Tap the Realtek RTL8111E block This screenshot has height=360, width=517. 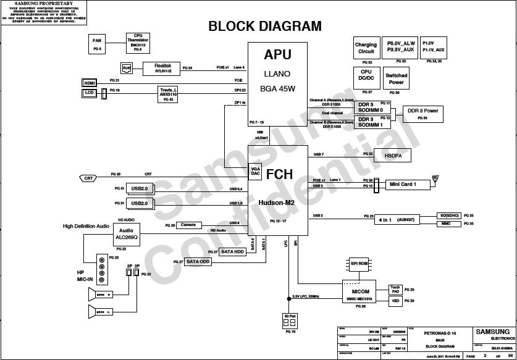click(x=162, y=67)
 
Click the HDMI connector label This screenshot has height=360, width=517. click(x=90, y=82)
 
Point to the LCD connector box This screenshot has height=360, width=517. click(x=90, y=93)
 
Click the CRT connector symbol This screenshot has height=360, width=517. click(x=89, y=178)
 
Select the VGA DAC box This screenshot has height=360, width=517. click(x=255, y=172)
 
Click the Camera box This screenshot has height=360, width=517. click(x=188, y=225)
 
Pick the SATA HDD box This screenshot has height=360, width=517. click(x=233, y=251)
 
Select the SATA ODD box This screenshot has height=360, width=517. click(x=199, y=262)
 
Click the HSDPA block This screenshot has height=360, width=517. click(x=393, y=156)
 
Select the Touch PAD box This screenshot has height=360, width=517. click(x=395, y=289)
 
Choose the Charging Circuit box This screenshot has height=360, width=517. click(x=366, y=48)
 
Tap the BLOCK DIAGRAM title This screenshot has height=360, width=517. click(x=264, y=27)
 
